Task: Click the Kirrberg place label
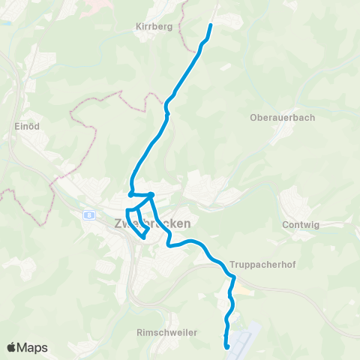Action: point(154,26)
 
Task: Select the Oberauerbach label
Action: point(282,118)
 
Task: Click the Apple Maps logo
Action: point(27,347)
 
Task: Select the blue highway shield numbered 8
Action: point(90,215)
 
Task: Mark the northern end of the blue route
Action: point(210,25)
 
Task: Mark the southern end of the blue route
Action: point(226,346)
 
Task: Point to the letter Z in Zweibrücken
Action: point(118,223)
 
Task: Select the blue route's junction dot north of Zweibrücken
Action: point(151,195)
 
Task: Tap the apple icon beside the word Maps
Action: point(12,347)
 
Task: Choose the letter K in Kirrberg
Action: point(139,26)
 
